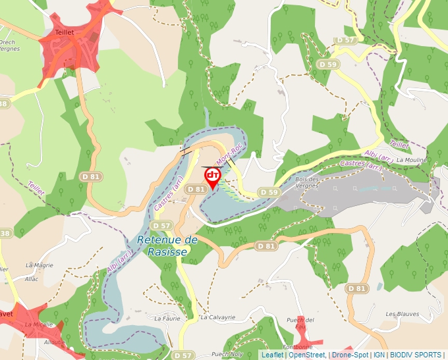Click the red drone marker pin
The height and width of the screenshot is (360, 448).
212,176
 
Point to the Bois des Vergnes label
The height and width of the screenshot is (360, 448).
308,182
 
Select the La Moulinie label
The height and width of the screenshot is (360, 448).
412,160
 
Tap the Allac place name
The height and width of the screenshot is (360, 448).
32,279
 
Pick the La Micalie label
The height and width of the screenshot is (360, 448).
38,324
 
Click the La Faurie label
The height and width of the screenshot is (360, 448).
167,317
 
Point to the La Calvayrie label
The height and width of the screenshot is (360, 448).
218,317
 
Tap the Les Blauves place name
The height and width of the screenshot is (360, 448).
402,314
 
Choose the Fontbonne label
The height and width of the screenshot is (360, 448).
296,347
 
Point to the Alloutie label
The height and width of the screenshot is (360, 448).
55,342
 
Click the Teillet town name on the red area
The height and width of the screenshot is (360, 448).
60,31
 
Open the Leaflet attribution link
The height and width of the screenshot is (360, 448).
272,355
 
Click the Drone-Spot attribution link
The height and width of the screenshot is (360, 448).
350,355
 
